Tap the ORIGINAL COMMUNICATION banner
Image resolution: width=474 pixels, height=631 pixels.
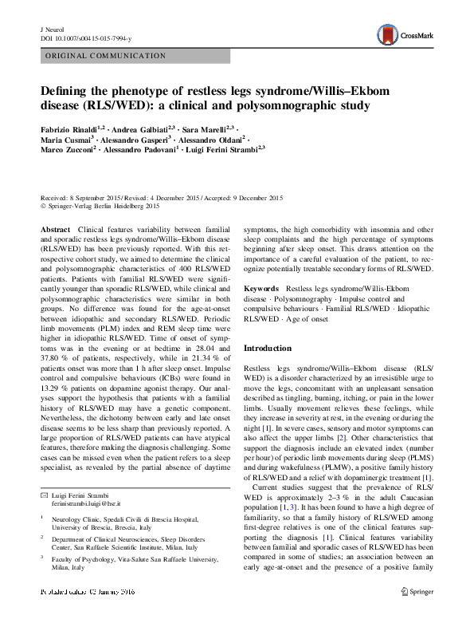[104, 56]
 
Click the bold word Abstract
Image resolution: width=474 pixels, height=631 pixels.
[54, 228]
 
